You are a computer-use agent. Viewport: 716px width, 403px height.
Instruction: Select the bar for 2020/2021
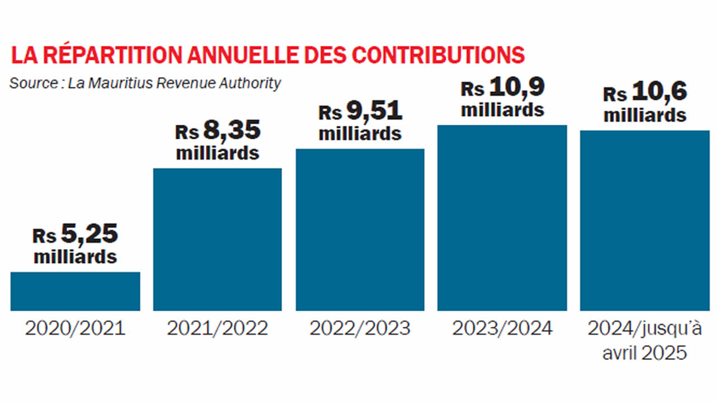[75, 291]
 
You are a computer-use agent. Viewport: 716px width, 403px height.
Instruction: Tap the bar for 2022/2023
[360, 229]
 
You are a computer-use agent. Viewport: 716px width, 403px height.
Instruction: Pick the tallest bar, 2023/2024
[502, 218]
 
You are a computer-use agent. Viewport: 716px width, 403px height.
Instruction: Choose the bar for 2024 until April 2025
[645, 221]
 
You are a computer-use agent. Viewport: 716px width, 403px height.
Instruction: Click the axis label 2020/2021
[75, 329]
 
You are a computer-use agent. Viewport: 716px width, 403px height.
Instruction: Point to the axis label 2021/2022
[218, 329]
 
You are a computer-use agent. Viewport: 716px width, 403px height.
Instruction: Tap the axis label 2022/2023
[360, 329]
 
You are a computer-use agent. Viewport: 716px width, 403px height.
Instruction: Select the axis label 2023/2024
[502, 329]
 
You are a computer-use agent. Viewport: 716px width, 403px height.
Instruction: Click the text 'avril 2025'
[645, 353]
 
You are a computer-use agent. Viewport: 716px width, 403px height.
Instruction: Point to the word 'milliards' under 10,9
[502, 109]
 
